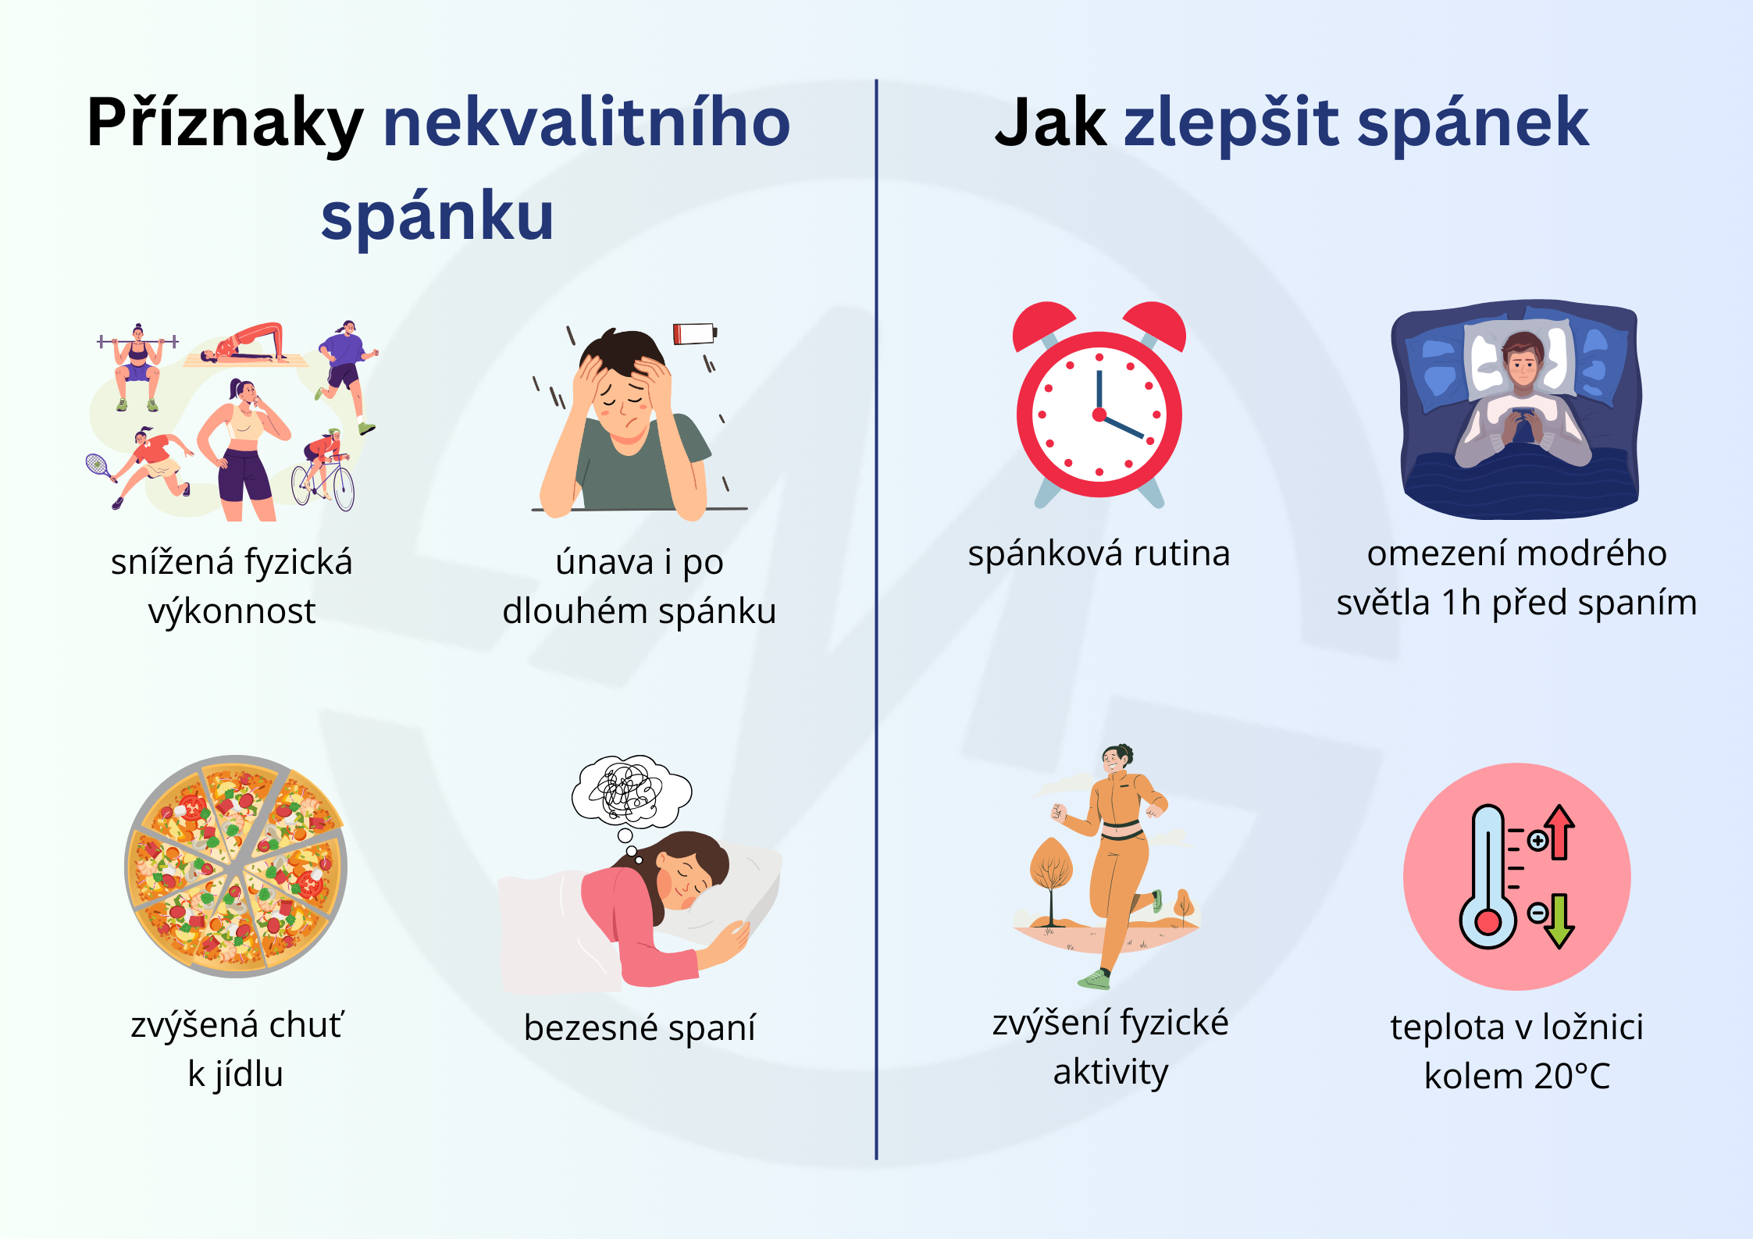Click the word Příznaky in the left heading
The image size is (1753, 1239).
point(225,123)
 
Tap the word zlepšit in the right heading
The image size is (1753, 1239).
point(1231,123)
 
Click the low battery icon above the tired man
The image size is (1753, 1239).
point(695,333)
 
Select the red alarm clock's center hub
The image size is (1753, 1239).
point(1099,415)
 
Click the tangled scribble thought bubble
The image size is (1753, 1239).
point(632,792)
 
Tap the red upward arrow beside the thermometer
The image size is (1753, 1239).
point(1559,831)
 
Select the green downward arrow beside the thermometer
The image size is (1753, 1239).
point(1559,921)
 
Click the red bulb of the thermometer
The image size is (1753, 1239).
point(1488,922)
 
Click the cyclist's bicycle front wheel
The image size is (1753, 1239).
point(344,488)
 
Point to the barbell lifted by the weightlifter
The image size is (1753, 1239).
point(138,341)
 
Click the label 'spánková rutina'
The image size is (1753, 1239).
point(1099,554)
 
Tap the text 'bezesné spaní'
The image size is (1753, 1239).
point(640,1027)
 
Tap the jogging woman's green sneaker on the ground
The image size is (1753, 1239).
point(1094,979)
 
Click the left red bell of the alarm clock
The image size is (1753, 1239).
point(1043,324)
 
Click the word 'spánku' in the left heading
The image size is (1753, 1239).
point(437,216)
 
